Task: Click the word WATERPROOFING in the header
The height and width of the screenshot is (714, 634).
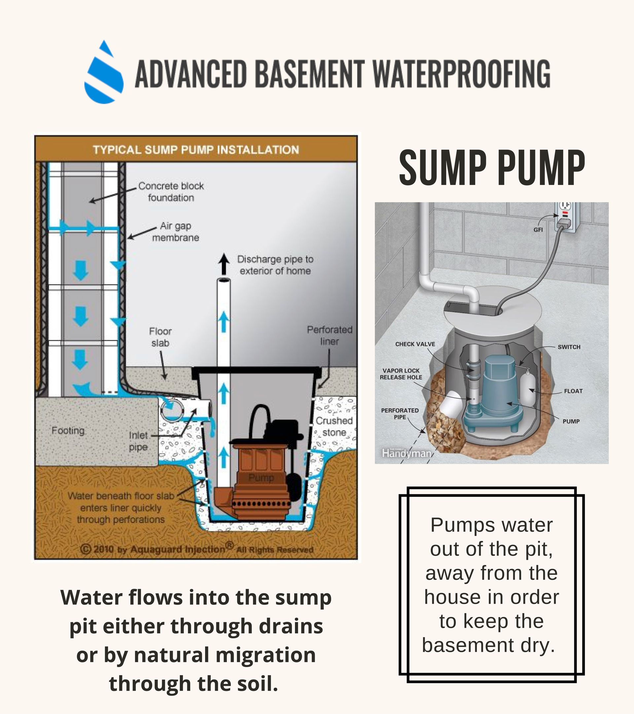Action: click(461, 74)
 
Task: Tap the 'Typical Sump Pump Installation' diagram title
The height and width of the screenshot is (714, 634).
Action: click(196, 150)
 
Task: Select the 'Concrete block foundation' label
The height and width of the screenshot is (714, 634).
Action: click(171, 192)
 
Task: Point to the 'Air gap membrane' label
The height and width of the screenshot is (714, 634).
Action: click(175, 232)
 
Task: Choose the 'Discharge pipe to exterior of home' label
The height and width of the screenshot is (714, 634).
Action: click(275, 265)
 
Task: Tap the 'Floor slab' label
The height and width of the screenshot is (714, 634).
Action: click(160, 337)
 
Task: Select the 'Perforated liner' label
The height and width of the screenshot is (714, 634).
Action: click(330, 335)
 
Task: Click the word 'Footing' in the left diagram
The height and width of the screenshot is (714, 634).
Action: click(68, 430)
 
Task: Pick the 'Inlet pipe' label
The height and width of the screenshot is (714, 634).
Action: click(138, 441)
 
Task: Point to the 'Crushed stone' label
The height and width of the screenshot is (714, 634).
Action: click(334, 426)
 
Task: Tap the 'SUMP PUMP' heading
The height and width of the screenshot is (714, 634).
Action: click(492, 168)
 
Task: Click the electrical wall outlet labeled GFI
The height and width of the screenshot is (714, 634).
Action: click(566, 217)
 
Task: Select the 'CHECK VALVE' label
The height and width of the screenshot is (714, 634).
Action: click(415, 344)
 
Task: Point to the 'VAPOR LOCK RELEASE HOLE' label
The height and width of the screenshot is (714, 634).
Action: click(401, 374)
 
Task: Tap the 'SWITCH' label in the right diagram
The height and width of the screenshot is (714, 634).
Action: click(569, 347)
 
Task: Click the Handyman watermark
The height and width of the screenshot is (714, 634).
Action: click(406, 453)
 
